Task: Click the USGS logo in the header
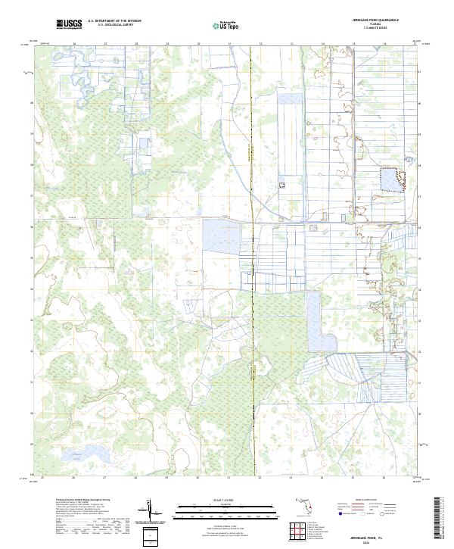[x=69, y=24]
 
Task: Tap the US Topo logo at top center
[x=228, y=24]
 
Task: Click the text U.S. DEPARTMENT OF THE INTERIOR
[x=114, y=21]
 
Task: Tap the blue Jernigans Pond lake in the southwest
[x=75, y=456]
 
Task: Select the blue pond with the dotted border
[x=390, y=179]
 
